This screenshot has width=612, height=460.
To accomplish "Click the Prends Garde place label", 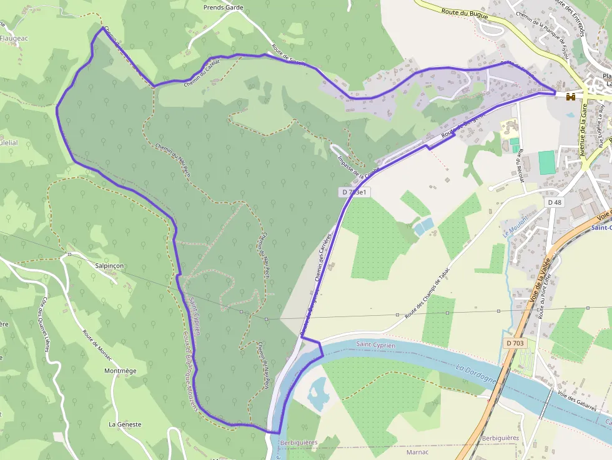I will (x=223, y=8).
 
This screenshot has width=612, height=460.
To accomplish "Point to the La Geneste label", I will (x=125, y=424).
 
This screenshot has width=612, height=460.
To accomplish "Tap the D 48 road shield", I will (x=555, y=202).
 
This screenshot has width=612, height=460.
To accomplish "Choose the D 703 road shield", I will (x=515, y=343).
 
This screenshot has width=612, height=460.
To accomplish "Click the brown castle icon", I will (x=570, y=97).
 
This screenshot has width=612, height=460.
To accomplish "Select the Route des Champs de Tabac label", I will (x=427, y=293).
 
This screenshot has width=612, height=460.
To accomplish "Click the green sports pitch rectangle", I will (x=546, y=162).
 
